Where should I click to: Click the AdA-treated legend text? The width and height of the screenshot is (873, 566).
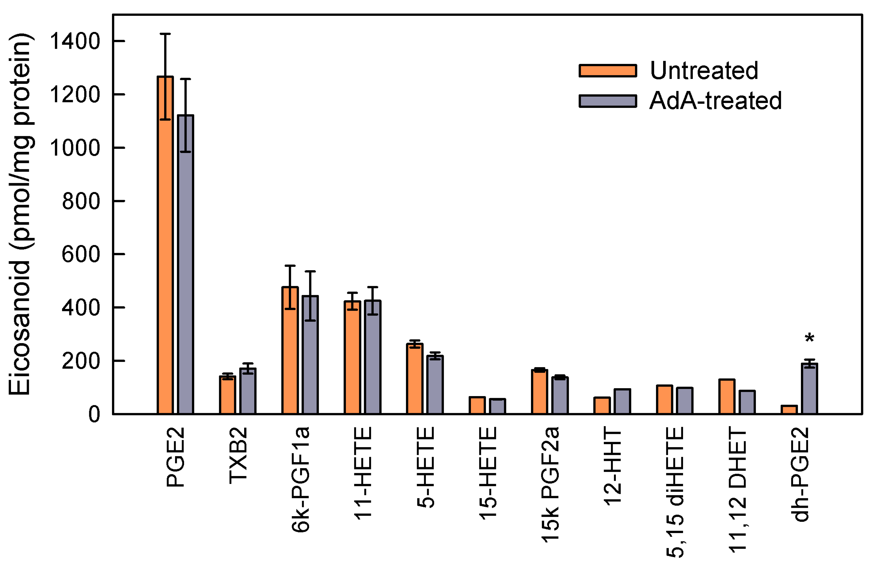pyautogui.click(x=715, y=101)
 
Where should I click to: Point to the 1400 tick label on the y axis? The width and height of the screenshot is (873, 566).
pyautogui.click(x=74, y=41)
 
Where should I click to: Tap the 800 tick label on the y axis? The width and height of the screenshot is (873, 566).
pyautogui.click(x=81, y=201)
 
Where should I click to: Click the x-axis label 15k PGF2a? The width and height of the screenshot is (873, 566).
pyautogui.click(x=550, y=484)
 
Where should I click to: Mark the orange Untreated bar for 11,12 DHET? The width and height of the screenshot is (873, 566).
pyautogui.click(x=727, y=397)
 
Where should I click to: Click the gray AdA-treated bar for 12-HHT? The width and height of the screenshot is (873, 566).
pyautogui.click(x=622, y=402)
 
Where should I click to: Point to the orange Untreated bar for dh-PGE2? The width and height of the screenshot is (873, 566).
pyautogui.click(x=789, y=410)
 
